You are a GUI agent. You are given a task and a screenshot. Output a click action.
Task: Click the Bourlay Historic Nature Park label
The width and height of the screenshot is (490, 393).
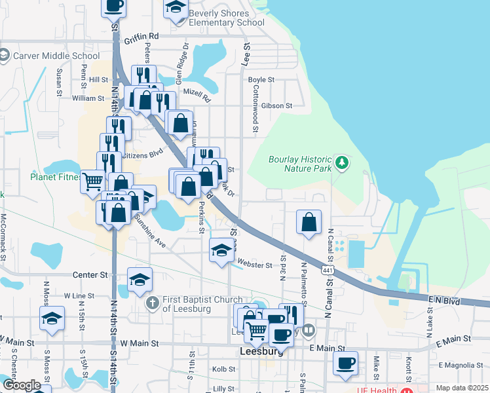[301, 164]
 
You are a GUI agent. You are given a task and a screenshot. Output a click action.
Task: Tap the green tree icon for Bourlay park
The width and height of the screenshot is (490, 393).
[340, 162]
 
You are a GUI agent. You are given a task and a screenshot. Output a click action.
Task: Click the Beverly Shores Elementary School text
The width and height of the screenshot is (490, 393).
[226, 18]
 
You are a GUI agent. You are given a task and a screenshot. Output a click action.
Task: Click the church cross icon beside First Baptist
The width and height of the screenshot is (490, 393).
[152, 303]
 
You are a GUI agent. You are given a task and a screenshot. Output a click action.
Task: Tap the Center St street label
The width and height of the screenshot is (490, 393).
[90, 274]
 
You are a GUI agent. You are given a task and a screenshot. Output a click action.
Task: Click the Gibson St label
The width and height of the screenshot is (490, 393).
[276, 105]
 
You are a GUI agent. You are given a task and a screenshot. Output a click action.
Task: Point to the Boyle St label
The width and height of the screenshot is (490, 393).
[261, 80]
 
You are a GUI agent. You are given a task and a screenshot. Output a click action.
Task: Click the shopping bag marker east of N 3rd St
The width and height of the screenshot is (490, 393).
[309, 221]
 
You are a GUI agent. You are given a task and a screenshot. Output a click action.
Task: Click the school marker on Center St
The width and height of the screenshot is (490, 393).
[140, 280]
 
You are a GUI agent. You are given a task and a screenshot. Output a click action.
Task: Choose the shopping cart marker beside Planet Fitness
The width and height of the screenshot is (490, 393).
[93, 181]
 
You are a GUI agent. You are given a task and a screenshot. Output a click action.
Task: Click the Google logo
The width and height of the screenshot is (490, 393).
[22, 385]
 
